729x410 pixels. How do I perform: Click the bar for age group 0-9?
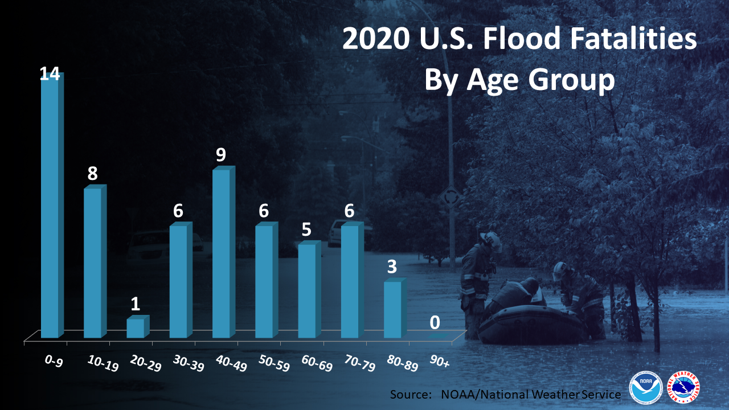[x=52, y=205]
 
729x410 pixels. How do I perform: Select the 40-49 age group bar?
[x=224, y=252]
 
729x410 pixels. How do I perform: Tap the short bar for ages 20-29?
[x=138, y=326]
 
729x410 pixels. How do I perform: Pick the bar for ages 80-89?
[x=395, y=308]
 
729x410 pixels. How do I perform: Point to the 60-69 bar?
[x=309, y=289]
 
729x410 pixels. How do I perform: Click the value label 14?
[x=50, y=74]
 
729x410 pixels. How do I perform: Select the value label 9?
[x=221, y=154]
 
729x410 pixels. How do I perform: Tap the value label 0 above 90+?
[x=435, y=322]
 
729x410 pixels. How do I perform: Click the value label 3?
[x=392, y=266]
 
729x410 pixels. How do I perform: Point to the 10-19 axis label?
[x=103, y=363]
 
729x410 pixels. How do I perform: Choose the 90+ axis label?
[x=440, y=361]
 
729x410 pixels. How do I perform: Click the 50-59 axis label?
[x=274, y=363]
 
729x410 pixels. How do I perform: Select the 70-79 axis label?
[x=360, y=363]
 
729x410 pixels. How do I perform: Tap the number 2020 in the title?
[x=376, y=38]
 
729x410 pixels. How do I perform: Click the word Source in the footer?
[x=411, y=395]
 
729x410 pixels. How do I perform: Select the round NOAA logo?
[x=646, y=387]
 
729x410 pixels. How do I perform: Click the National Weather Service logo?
[x=684, y=387]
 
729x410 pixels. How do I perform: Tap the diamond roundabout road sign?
[x=450, y=197]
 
